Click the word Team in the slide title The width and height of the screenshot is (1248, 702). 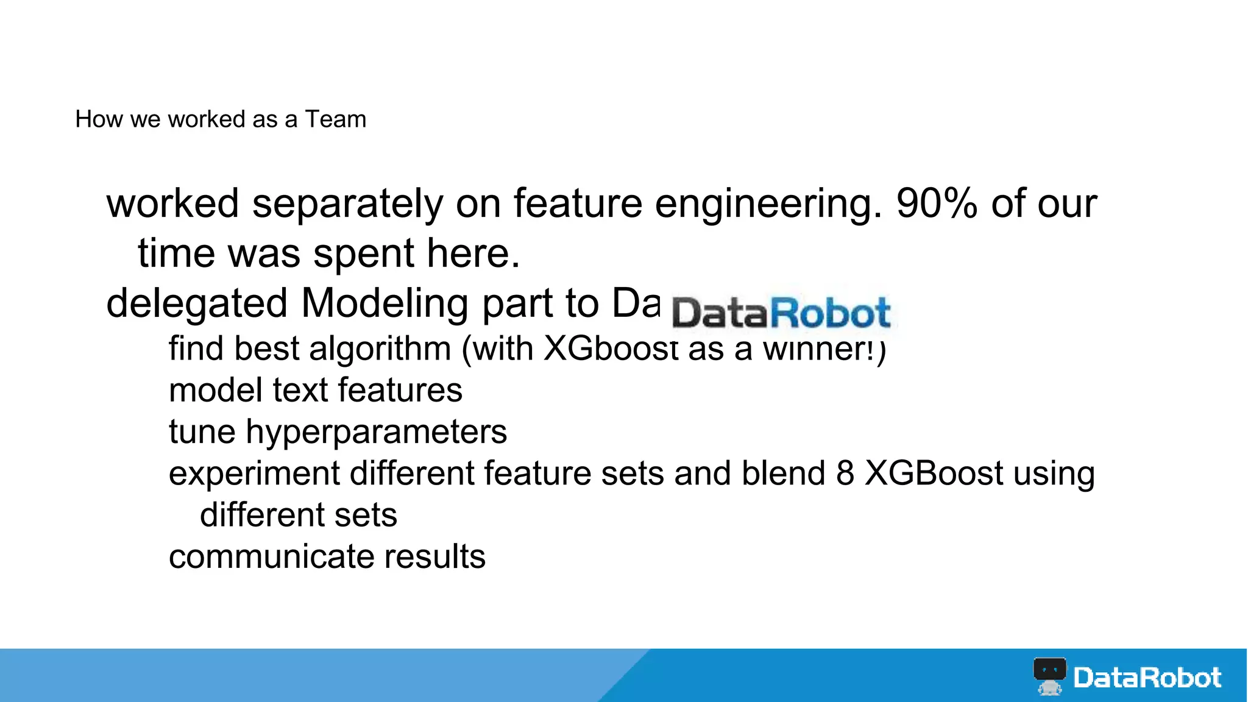[336, 119]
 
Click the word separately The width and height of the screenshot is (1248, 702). [348, 205]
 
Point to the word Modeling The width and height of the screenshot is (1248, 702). [385, 304]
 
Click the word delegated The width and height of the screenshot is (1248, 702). [197, 304]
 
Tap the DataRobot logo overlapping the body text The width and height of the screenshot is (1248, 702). [781, 313]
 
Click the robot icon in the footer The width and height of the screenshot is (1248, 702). [1049, 676]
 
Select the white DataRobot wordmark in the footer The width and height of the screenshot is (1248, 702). [1147, 678]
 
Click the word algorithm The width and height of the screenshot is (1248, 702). [380, 349]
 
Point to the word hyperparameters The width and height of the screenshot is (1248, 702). [376, 433]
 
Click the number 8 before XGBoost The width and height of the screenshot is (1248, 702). [845, 473]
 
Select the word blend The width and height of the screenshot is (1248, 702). [783, 473]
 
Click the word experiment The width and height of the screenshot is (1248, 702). [254, 474]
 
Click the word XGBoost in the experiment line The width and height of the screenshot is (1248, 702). [934, 473]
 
